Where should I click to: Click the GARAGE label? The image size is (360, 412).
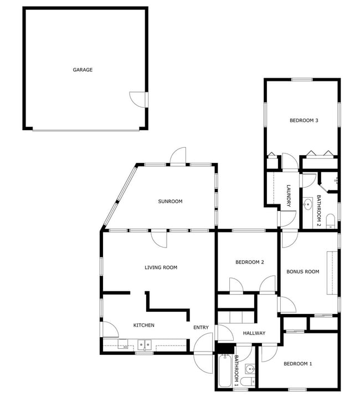click(83, 70)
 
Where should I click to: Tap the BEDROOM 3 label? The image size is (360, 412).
click(304, 120)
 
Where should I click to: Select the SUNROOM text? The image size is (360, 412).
click(170, 202)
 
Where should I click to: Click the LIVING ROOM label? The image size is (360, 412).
click(161, 267)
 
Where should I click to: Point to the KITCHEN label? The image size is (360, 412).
click(144, 325)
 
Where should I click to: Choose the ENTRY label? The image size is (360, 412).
click(201, 327)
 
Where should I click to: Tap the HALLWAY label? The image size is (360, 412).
click(254, 333)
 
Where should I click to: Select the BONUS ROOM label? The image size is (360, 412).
click(302, 271)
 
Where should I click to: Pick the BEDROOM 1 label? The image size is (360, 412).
click(298, 364)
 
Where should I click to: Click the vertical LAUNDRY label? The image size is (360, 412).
click(289, 196)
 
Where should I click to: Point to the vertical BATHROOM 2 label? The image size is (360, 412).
click(318, 211)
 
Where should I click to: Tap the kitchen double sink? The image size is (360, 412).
click(145, 345)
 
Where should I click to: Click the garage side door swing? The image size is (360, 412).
click(137, 99)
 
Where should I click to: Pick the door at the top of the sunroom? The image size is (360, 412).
click(178, 157)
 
